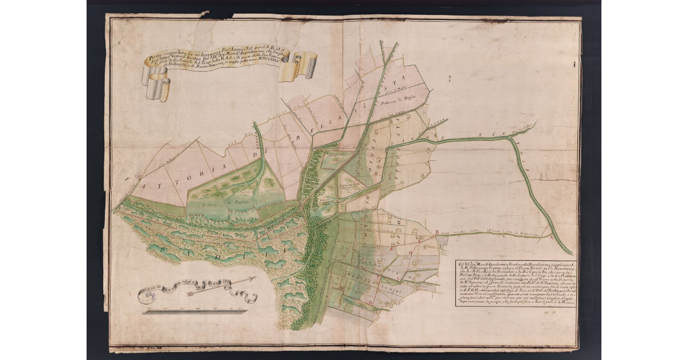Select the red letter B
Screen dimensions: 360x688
click(437, 232)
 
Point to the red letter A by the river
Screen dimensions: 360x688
click(552, 236)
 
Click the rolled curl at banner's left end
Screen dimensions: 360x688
click(156, 86)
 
